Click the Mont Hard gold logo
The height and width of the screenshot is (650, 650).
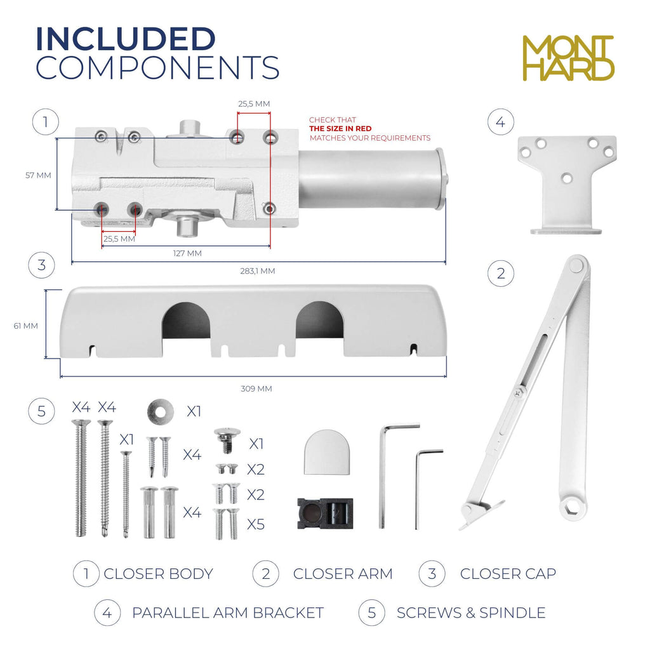tap(568, 58)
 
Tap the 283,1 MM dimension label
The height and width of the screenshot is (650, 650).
tap(258, 271)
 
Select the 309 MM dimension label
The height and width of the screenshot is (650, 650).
tap(256, 389)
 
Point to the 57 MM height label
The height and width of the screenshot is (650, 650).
tap(38, 175)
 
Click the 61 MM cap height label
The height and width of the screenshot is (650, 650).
tap(25, 326)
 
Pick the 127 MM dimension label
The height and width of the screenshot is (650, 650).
tap(187, 253)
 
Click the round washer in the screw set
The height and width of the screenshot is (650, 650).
tap(161, 412)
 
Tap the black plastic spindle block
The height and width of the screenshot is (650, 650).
tap(326, 514)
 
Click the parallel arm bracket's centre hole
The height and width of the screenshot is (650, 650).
tap(567, 178)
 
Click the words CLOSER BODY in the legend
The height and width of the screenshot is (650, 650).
tap(158, 574)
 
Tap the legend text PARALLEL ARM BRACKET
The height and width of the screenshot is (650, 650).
tap(228, 613)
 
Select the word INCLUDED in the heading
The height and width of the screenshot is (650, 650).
tap(126, 39)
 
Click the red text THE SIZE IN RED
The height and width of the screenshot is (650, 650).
tap(340, 128)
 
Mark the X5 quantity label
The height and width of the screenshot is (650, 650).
tap(256, 524)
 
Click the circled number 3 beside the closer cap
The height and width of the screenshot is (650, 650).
tap(41, 265)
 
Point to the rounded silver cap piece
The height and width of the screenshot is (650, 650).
tap(327, 452)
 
